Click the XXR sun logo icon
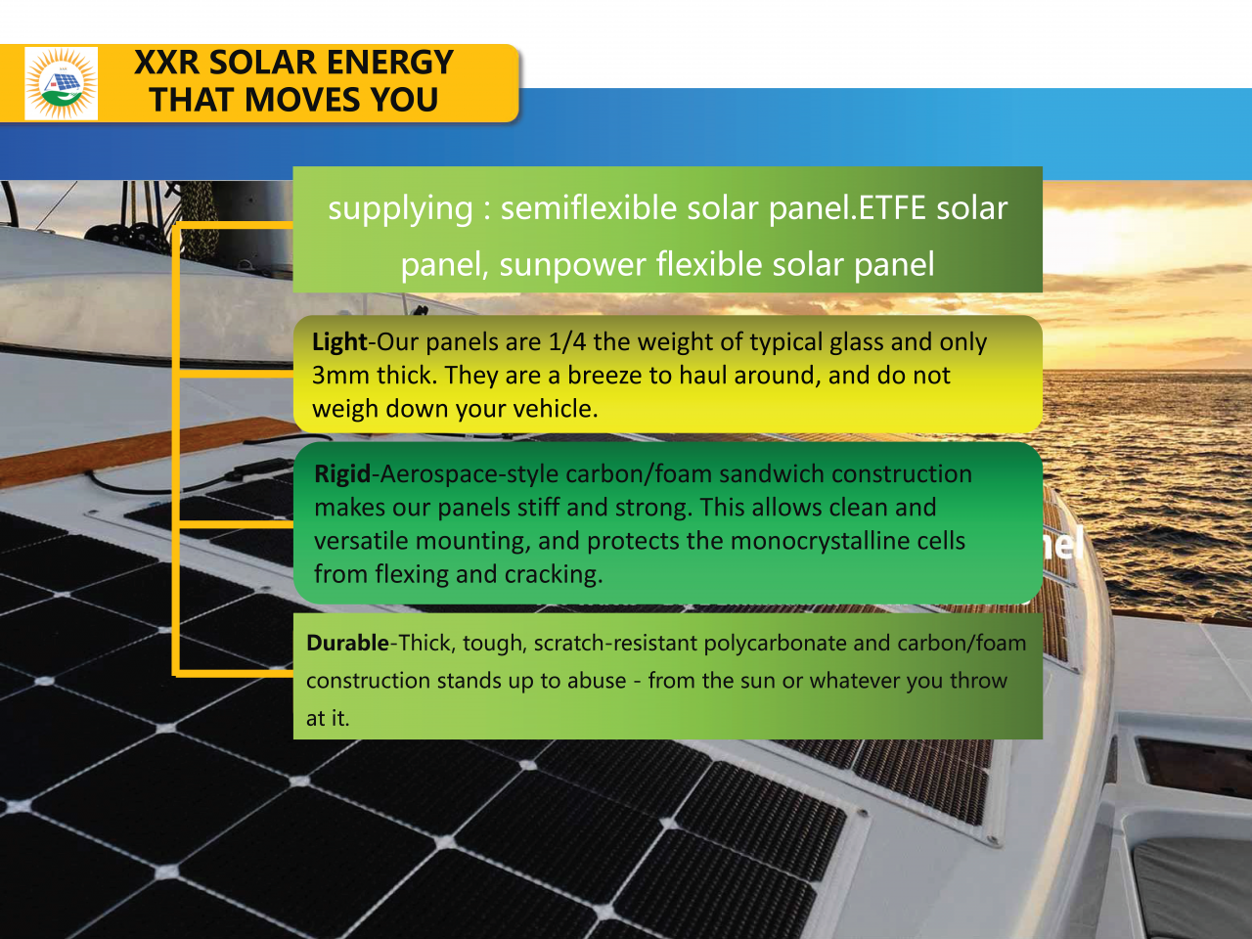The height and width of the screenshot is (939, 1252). coord(62,84)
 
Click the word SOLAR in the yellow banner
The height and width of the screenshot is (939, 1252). coord(263,63)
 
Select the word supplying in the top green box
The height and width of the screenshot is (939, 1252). coord(400,208)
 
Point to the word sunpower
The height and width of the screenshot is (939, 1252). coord(572,265)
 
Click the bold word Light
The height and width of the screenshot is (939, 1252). coord(339,342)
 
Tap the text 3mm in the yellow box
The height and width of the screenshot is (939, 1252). coord(340,376)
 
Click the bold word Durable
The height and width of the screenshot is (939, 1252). coord(348,643)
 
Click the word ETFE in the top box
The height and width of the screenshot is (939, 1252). coord(893,208)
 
